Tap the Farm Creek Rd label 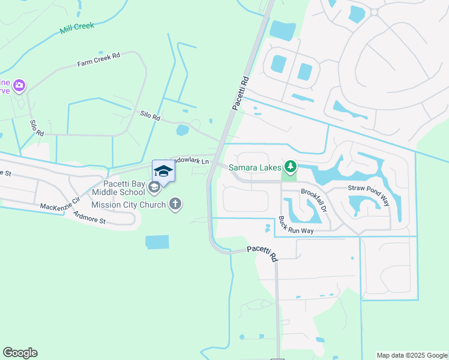98,59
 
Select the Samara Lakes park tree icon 291,166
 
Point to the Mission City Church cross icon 175,204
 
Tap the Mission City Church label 128,205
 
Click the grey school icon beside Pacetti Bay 154,188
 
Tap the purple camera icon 19,86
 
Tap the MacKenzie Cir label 59,203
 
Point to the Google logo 20,353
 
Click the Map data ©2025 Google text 411,355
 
